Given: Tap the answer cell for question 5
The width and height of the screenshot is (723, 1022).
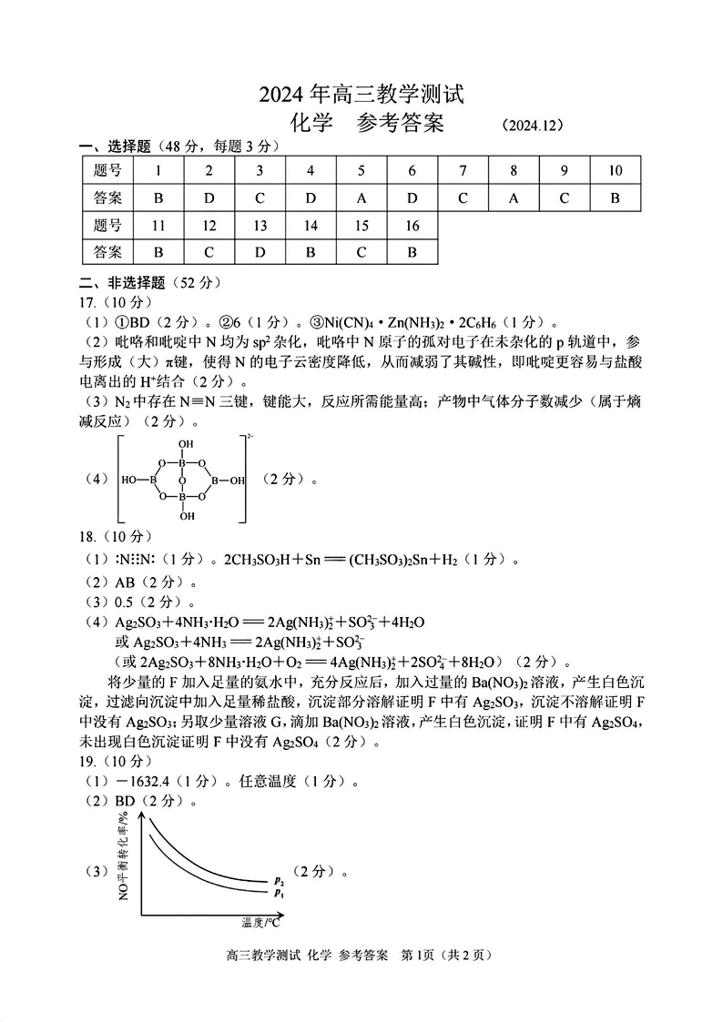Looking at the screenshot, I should (x=361, y=197).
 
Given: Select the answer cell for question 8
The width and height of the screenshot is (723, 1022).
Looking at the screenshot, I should (x=514, y=197).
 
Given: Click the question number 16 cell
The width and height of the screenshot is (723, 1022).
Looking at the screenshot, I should (x=412, y=225).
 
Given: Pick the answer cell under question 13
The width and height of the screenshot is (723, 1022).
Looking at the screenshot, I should (x=260, y=251).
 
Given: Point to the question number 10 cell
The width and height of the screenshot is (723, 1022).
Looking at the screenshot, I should (x=615, y=170).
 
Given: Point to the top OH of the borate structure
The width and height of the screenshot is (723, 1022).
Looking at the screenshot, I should (x=187, y=445).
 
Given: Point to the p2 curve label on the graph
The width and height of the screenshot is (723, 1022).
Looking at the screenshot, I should (x=279, y=881).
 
